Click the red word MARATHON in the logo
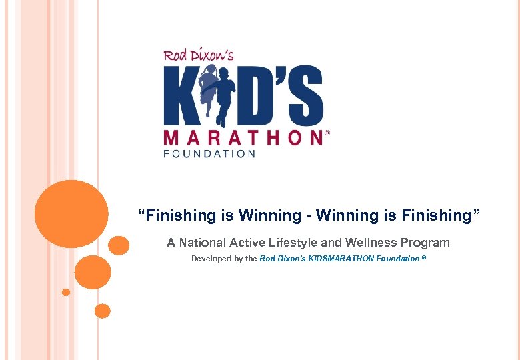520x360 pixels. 243,137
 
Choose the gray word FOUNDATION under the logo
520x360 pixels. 209,154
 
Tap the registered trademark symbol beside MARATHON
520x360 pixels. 327,133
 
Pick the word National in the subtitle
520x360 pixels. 203,243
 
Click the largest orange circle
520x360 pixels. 71,213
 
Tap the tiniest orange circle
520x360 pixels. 65,292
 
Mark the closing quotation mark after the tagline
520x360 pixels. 476,213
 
